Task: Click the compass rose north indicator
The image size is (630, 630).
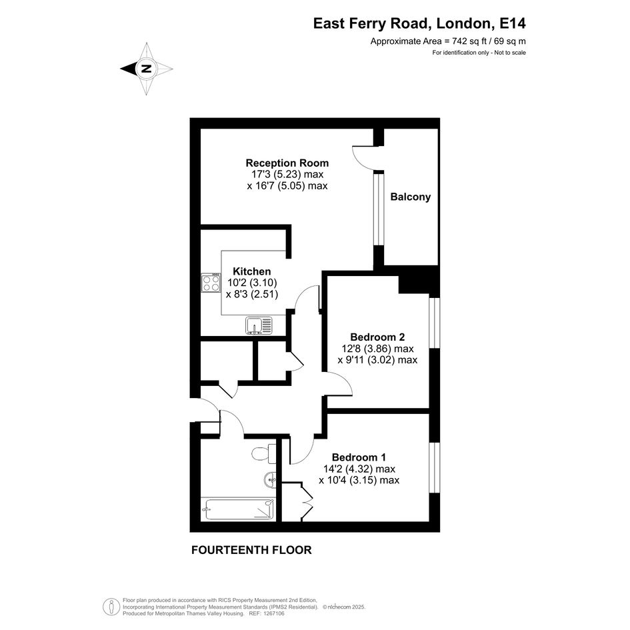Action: pyautogui.click(x=146, y=69)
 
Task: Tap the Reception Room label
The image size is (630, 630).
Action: pyautogui.click(x=287, y=163)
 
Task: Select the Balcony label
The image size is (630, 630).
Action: pyautogui.click(x=410, y=197)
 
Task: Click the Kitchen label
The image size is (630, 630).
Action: pyautogui.click(x=252, y=271)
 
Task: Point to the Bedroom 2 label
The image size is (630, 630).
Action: pyautogui.click(x=377, y=337)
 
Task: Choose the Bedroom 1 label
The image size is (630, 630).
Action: pyautogui.click(x=359, y=457)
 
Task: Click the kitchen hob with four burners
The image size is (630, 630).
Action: pyautogui.click(x=211, y=283)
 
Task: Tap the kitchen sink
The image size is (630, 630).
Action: pyautogui.click(x=259, y=325)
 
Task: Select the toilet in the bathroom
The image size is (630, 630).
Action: pyautogui.click(x=264, y=453)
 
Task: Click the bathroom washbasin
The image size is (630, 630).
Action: pyautogui.click(x=271, y=479)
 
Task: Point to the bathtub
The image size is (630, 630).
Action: pyautogui.click(x=238, y=509)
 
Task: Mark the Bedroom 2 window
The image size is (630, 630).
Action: pyautogui.click(x=435, y=323)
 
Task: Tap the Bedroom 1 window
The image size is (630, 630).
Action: pyautogui.click(x=435, y=468)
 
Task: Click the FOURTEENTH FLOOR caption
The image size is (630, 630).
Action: pyautogui.click(x=251, y=550)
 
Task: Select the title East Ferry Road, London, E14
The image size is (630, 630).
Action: pyautogui.click(x=419, y=23)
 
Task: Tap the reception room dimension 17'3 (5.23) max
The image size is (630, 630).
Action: pyautogui.click(x=287, y=175)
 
